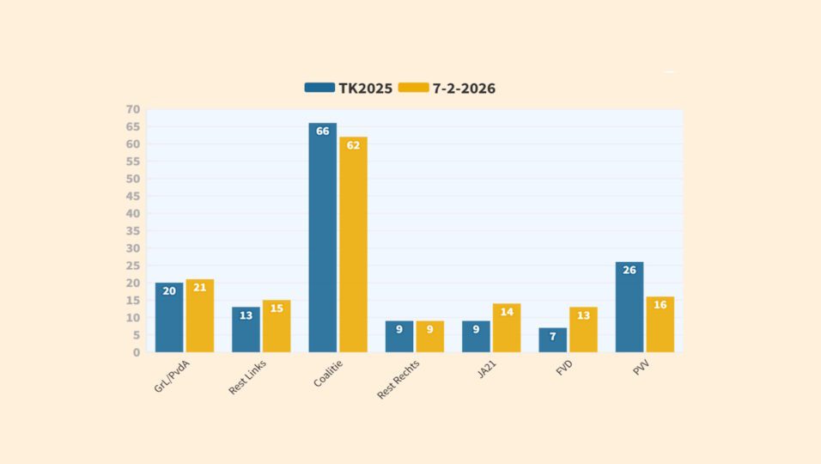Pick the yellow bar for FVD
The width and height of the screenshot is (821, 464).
[x=583, y=331]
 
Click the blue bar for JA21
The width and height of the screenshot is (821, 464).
[x=476, y=337]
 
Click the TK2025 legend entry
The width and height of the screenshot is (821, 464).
[x=349, y=88]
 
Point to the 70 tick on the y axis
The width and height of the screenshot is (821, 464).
[x=132, y=109]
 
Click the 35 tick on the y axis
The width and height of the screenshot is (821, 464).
[x=132, y=231]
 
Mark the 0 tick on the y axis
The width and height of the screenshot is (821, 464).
[x=136, y=352]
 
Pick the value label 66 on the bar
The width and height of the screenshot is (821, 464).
[x=323, y=131]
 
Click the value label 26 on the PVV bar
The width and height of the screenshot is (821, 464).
[x=629, y=271]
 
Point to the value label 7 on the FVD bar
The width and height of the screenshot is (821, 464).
[x=553, y=336]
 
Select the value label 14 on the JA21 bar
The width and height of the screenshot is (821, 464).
[x=507, y=312]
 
